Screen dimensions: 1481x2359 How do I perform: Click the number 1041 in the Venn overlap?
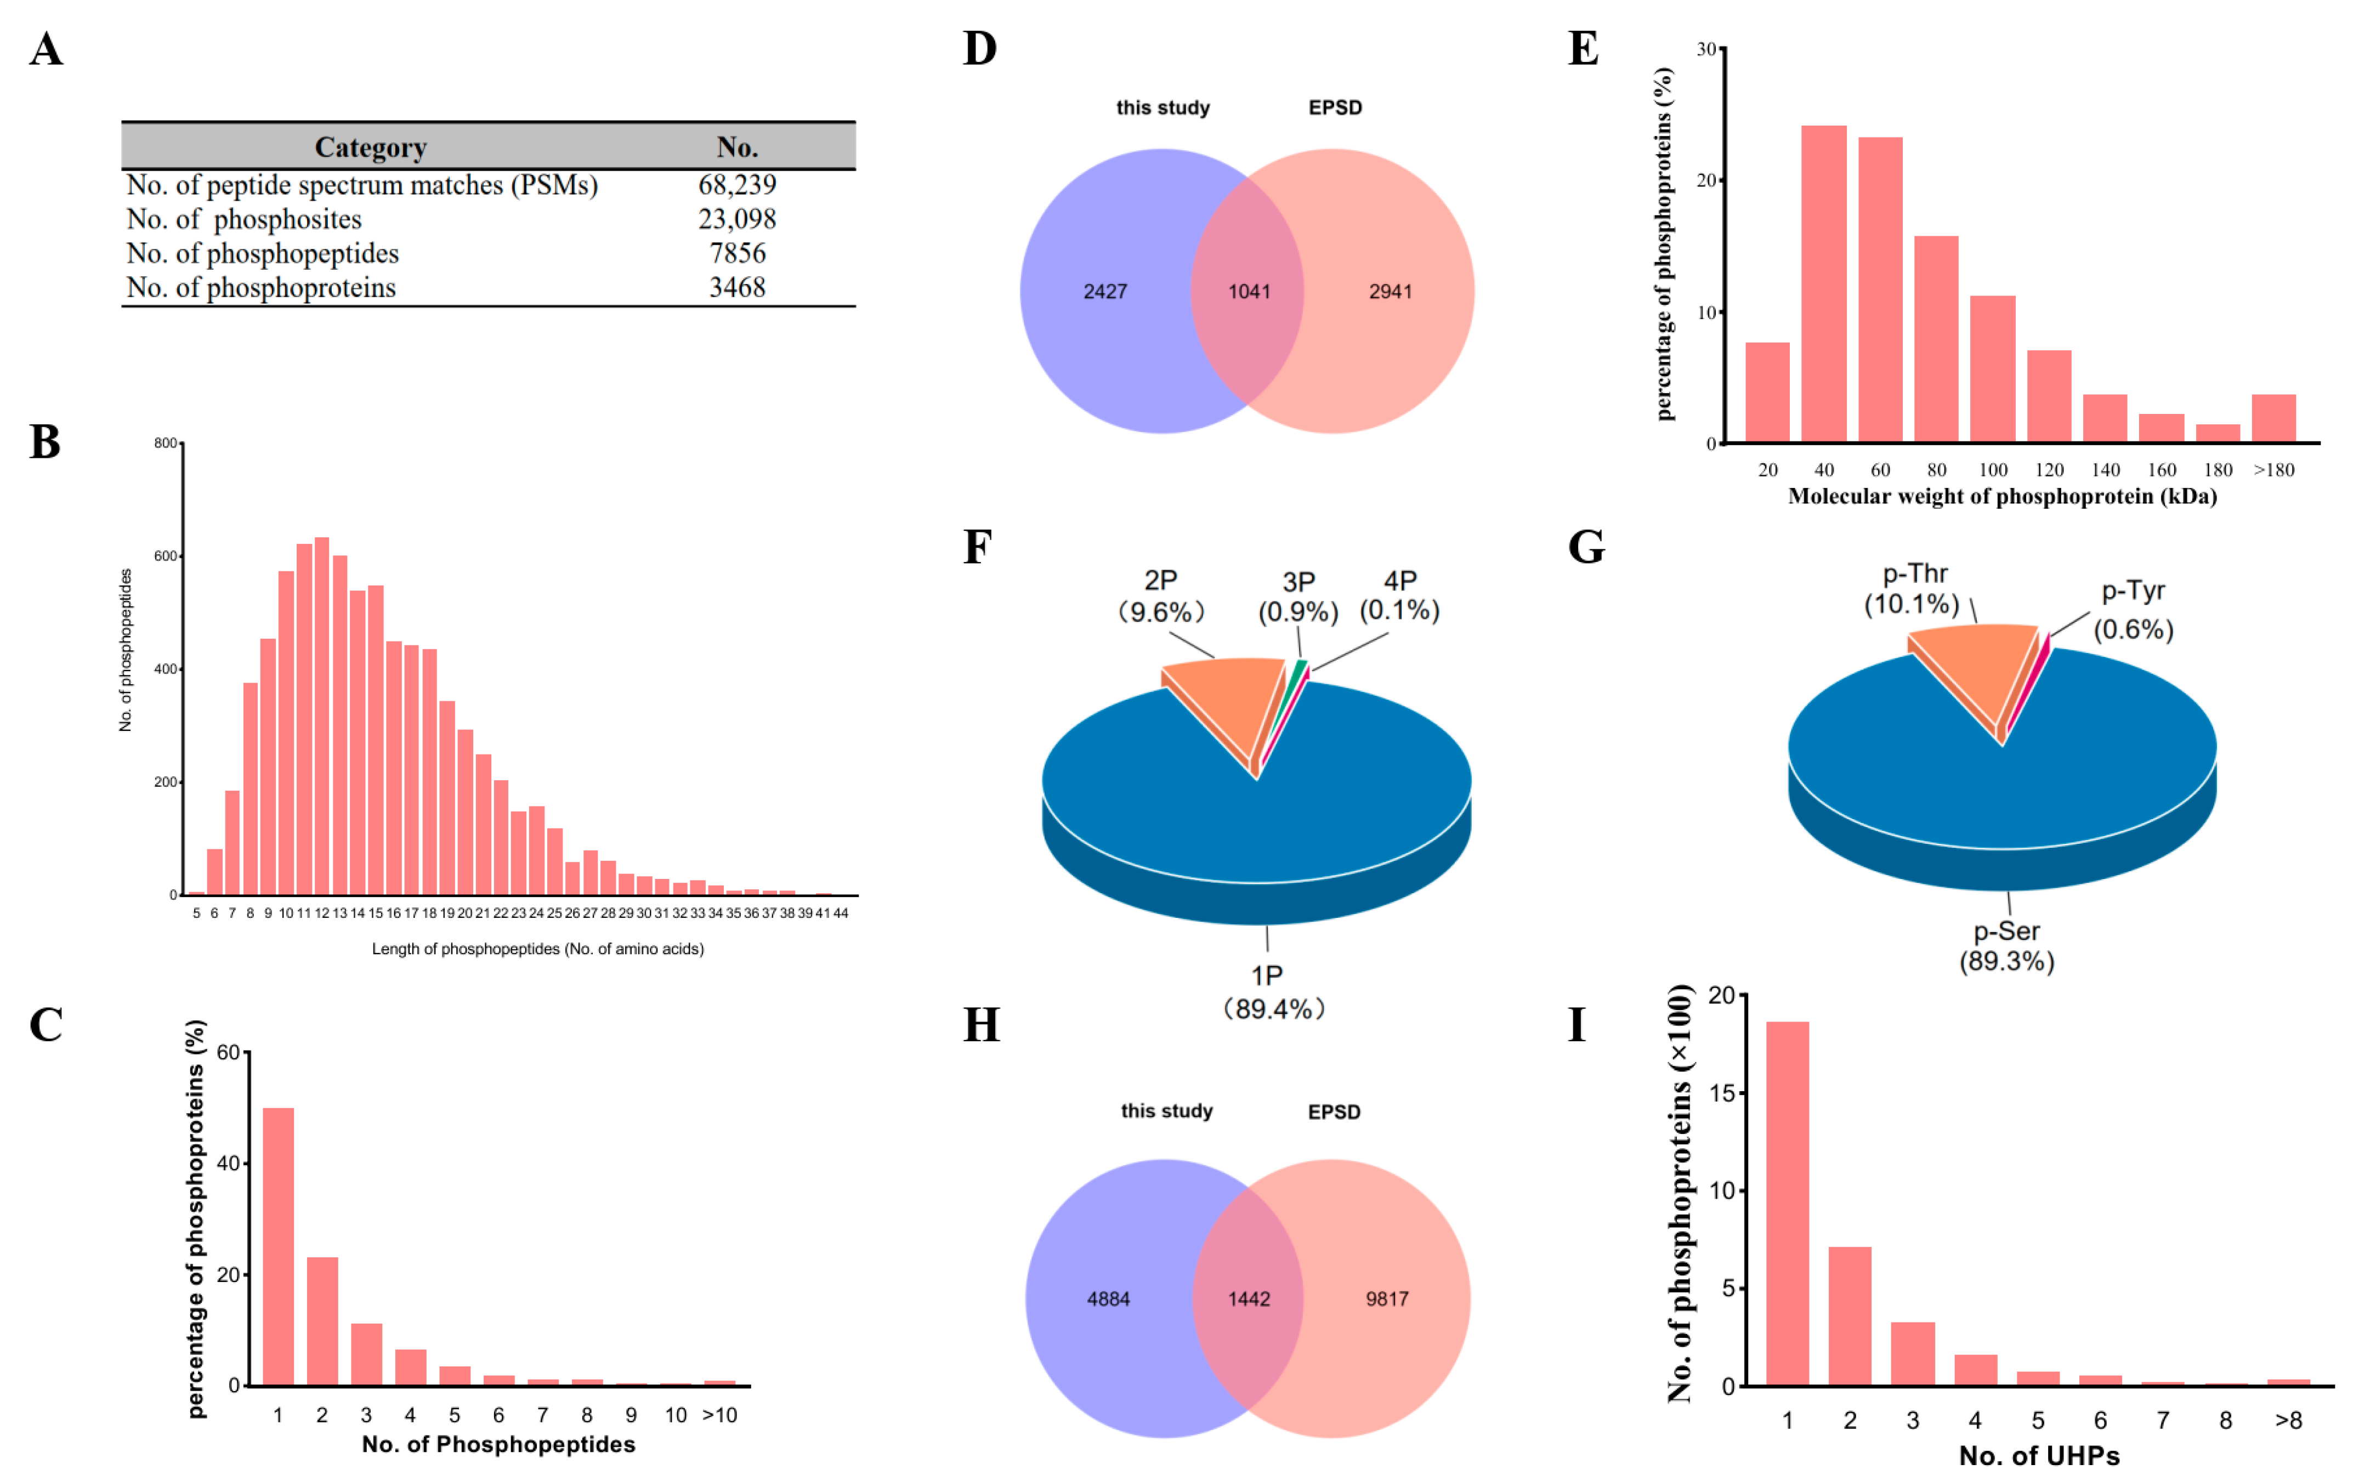coord(1249,292)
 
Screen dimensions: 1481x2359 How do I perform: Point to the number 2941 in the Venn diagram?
coord(1390,292)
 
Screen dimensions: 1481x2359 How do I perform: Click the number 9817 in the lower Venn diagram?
coord(1387,1299)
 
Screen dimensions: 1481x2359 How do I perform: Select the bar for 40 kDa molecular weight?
coord(1823,284)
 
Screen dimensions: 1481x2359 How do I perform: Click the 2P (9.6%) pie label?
coord(1160,595)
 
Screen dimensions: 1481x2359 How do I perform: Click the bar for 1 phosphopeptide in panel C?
coord(278,1246)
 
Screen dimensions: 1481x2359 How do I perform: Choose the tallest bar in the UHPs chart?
coord(1787,1203)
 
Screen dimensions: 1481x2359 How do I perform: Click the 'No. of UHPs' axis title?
coord(2039,1456)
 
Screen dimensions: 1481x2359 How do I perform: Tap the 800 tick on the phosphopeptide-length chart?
coord(166,444)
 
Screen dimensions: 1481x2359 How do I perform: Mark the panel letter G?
coord(1586,547)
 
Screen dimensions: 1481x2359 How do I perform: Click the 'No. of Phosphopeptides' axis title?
coord(498,1445)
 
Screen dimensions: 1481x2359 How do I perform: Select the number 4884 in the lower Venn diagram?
coord(1108,1299)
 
